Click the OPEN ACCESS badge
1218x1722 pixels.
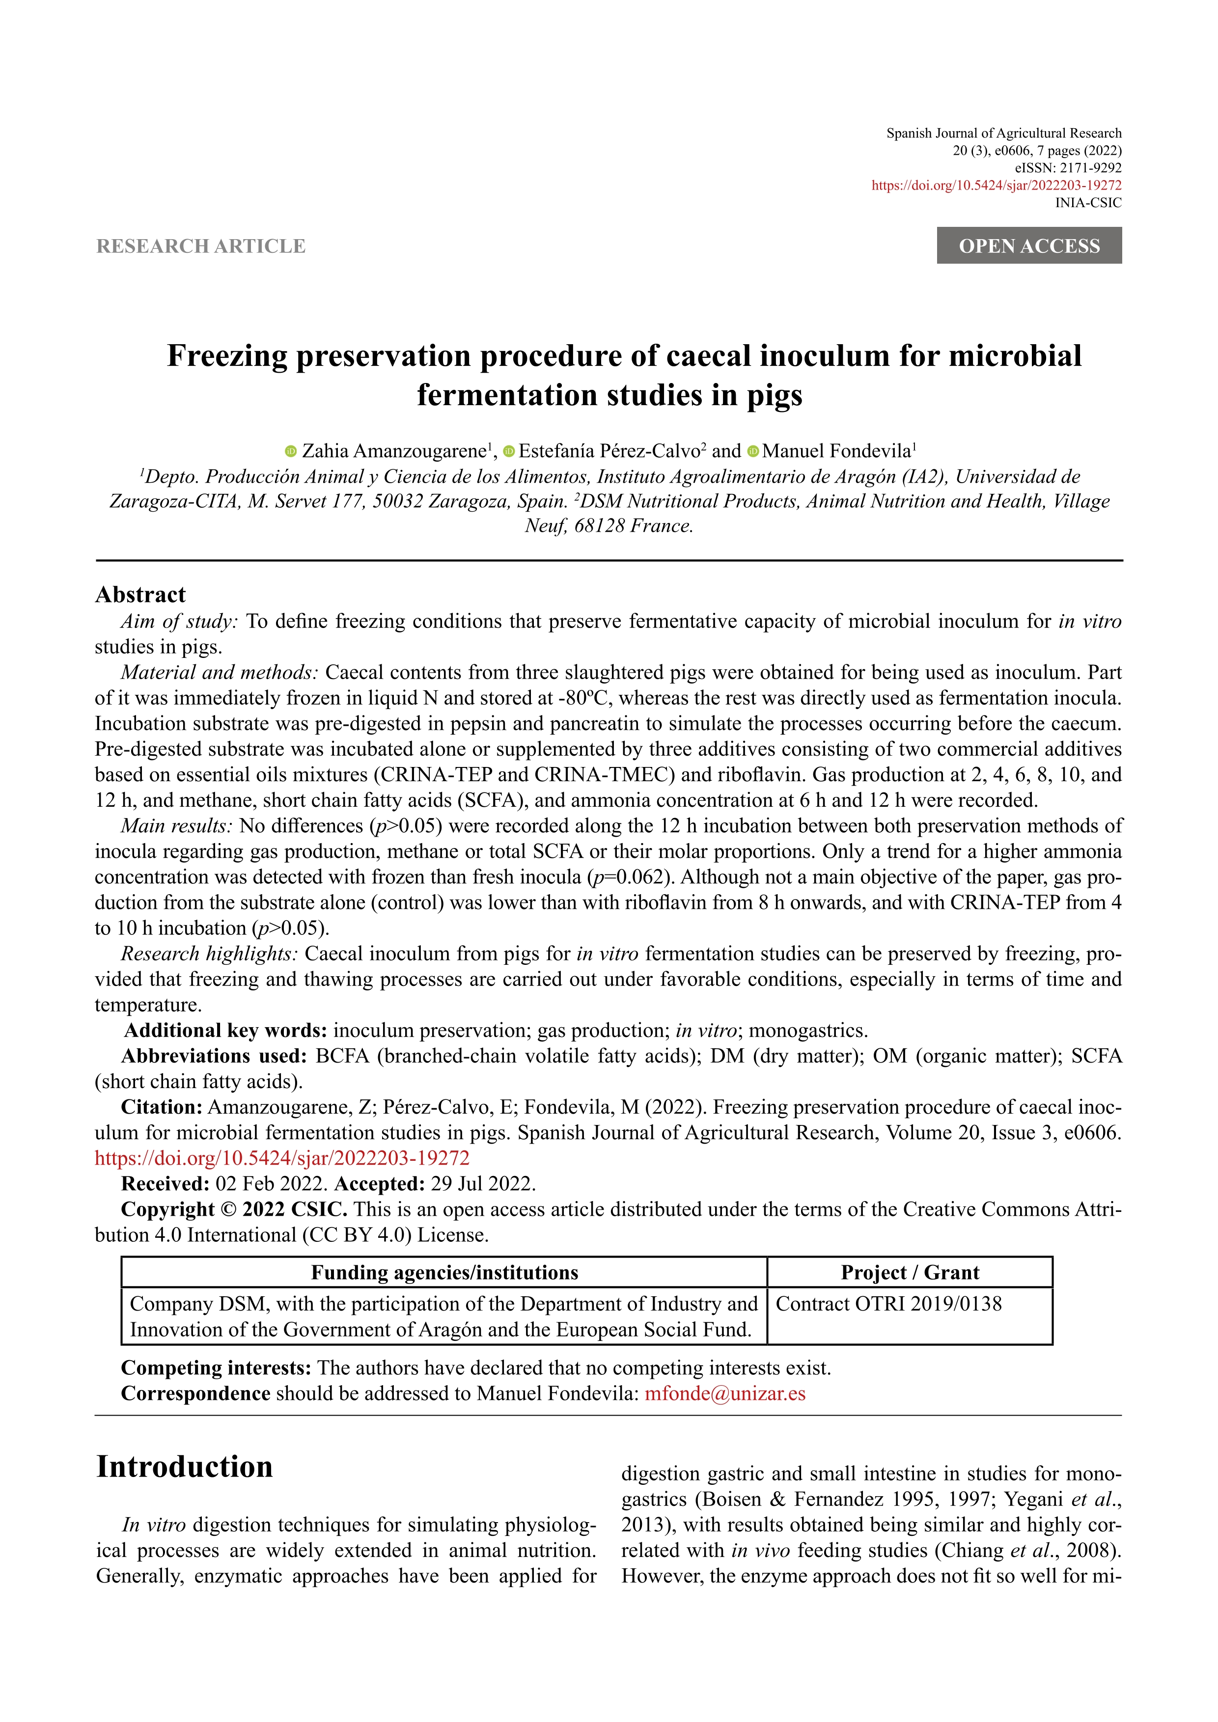[1028, 246]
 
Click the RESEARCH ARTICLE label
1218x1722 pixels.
[201, 246]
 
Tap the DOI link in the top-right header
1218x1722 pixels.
[996, 185]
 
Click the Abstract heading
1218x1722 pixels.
[140, 595]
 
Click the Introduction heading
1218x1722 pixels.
[185, 1467]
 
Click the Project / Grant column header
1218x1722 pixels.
[909, 1273]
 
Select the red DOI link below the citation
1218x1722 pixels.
[282, 1158]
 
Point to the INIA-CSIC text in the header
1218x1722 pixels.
[1088, 202]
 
